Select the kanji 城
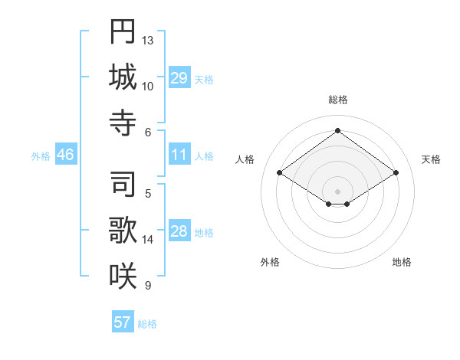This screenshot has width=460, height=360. coord(123,77)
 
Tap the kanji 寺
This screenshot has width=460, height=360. coord(123,122)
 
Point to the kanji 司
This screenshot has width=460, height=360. coord(123,184)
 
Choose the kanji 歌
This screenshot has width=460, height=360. coord(123,230)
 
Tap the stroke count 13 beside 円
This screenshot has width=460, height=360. coord(148,39)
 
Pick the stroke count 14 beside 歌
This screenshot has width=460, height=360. coord(148,240)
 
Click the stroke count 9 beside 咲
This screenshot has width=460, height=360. coord(147,286)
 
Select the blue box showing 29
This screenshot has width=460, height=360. coord(179,78)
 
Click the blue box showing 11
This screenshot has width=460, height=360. coord(179,155)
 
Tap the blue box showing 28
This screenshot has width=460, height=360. coord(179,232)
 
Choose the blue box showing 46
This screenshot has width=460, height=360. coord(65,155)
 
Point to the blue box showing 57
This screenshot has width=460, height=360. coord(122,322)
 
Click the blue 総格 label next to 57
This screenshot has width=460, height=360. coord(147,324)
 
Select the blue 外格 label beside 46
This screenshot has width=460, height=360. coord(41,156)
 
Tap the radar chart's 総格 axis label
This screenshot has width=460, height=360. coord(337,100)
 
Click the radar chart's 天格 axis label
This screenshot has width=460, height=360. coord(431,159)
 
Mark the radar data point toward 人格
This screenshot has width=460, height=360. coord(280,173)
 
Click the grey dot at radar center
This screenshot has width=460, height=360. coord(337,190)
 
